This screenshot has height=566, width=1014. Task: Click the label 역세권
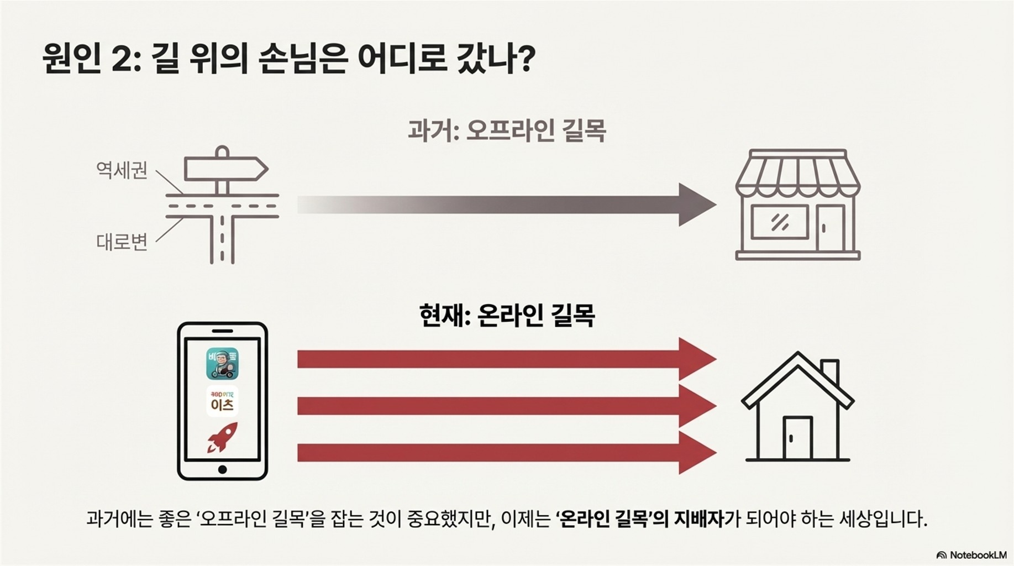[122, 170]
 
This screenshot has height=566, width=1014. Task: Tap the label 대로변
[122, 242]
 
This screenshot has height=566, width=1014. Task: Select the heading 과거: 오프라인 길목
[507, 131]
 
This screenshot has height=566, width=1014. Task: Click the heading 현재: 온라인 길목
[507, 316]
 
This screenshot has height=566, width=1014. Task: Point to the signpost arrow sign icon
[225, 169]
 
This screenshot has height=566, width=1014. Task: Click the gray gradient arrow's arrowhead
[697, 205]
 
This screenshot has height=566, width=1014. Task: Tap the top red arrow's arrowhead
[697, 359]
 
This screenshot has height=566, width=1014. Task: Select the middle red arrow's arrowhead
[697, 406]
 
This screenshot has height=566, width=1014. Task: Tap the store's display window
[780, 222]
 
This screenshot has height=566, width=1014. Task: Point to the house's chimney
[830, 371]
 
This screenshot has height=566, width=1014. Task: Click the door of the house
[797, 438]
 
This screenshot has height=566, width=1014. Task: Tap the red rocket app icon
[222, 437]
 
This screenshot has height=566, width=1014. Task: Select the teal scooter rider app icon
[222, 363]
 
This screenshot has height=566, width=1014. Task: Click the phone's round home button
[222, 470]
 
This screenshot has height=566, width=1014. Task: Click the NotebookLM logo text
[978, 555]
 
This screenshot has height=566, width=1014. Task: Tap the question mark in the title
[527, 58]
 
